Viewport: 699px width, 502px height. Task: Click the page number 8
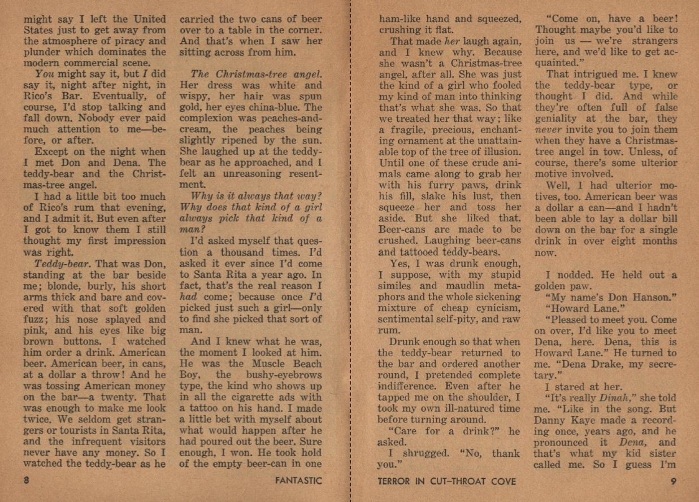click(x=27, y=481)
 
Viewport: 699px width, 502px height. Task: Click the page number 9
click(x=674, y=481)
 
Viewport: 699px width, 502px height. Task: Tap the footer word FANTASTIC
click(x=299, y=481)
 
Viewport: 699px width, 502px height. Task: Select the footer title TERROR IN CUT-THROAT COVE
click(x=447, y=481)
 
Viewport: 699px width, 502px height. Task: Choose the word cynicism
click(x=495, y=308)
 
